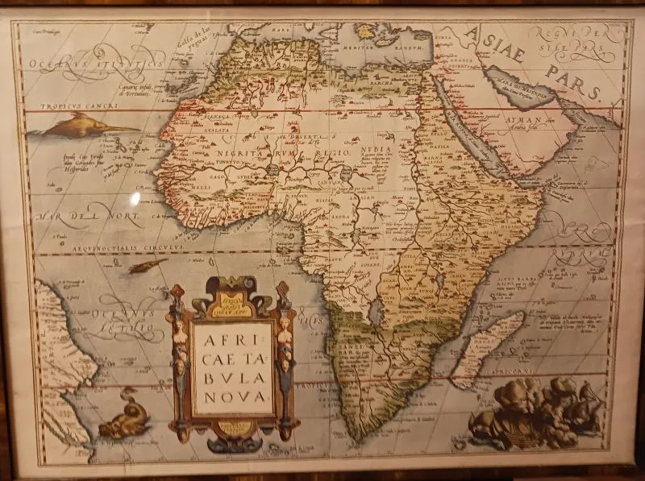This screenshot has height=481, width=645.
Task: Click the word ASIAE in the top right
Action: [494, 44]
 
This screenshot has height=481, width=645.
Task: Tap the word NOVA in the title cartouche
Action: [232, 396]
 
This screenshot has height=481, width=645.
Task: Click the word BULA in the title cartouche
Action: [233, 375]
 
